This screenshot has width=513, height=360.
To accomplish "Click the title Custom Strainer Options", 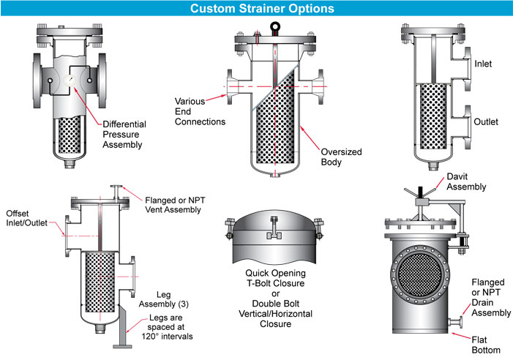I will [256, 9].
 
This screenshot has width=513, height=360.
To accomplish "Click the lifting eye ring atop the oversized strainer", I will [274, 29].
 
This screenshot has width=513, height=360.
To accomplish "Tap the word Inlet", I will [484, 64].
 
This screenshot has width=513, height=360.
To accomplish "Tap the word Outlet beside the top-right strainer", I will [487, 121].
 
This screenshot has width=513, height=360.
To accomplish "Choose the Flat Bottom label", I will [485, 345].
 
